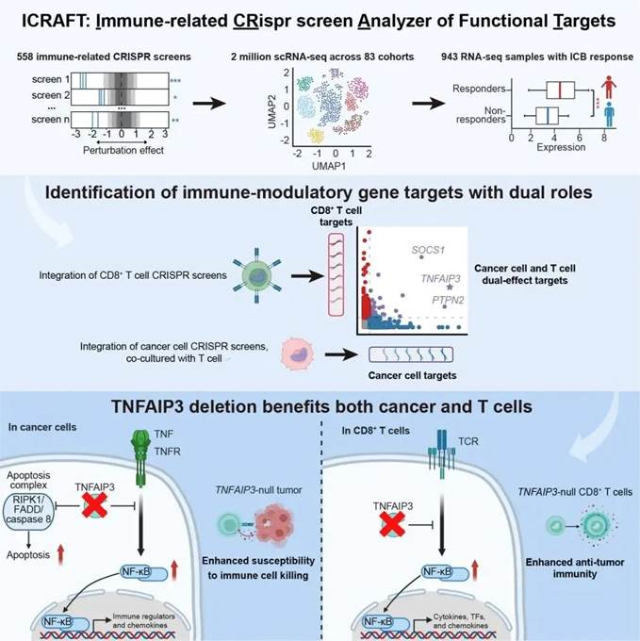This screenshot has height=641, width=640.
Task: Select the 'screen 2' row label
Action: click(x=46, y=96)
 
